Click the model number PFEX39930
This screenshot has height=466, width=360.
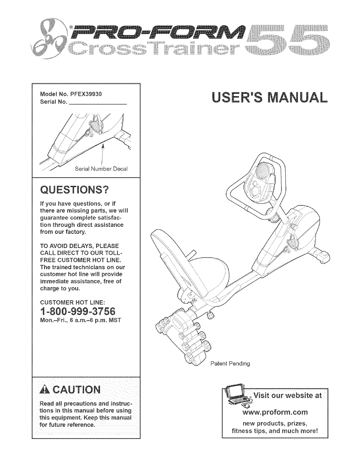coord(84,94)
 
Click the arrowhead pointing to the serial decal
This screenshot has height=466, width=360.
coord(103,146)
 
